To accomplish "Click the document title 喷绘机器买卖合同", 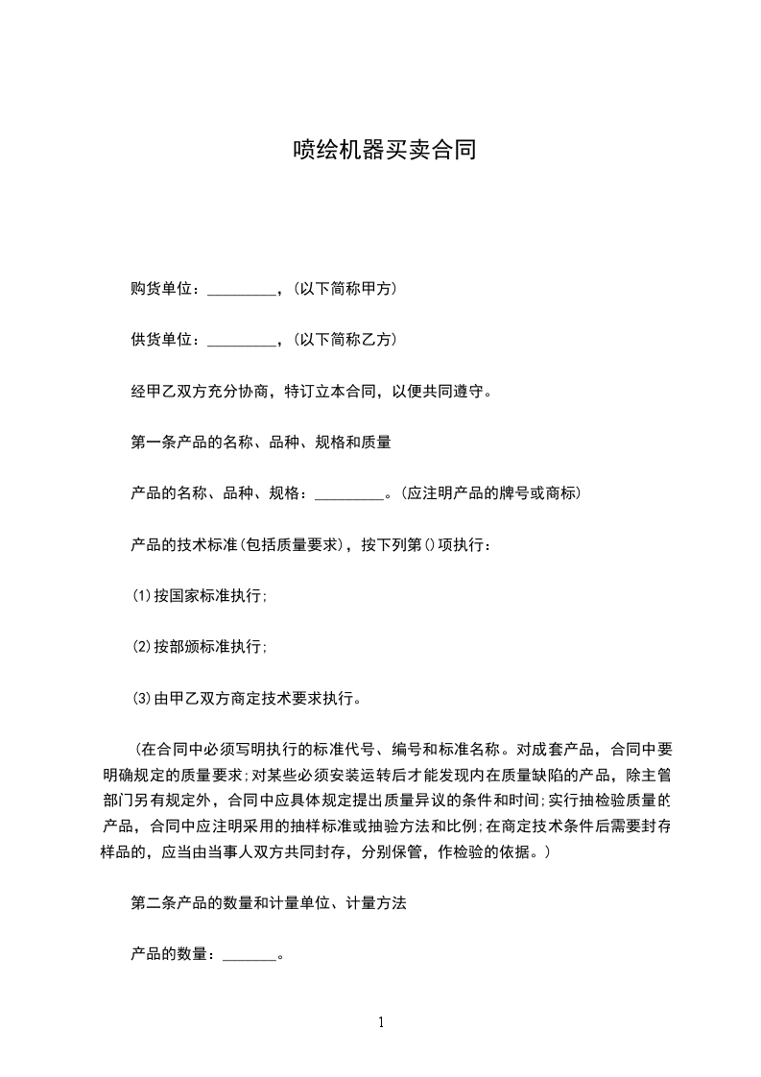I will [384, 150].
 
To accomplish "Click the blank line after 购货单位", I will [241, 290].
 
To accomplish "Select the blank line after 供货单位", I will [241, 341].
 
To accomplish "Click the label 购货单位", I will [164, 289].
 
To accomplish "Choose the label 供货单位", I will [164, 340].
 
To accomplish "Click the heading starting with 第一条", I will [260, 443].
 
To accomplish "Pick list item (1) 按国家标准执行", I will [200, 596].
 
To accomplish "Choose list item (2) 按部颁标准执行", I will [200, 647].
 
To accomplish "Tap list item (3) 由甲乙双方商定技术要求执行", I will [246, 698].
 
